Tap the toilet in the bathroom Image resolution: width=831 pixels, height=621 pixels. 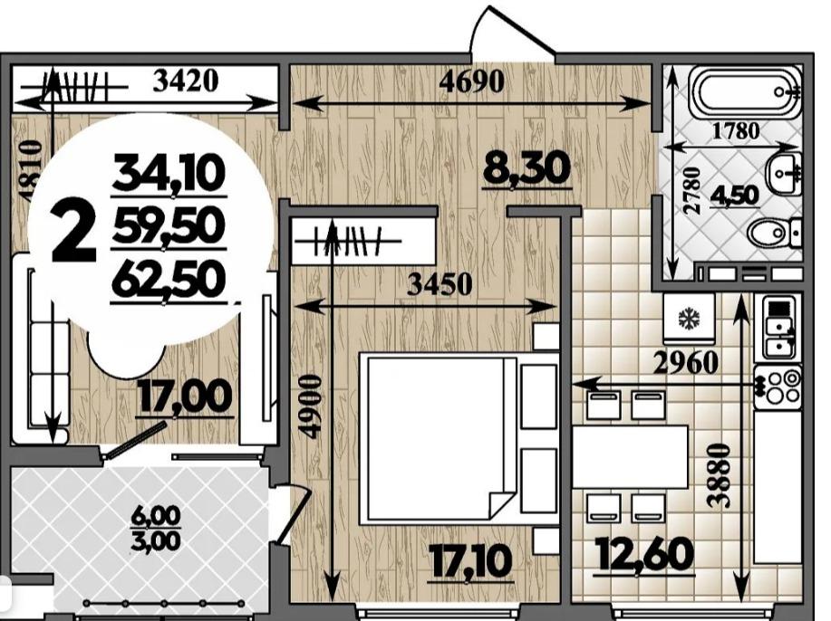pyautogui.click(x=775, y=232)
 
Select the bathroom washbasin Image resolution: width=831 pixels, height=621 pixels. pyautogui.click(x=784, y=172)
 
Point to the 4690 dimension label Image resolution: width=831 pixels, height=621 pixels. pyautogui.click(x=472, y=82)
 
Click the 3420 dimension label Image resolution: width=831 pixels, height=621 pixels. pyautogui.click(x=186, y=81)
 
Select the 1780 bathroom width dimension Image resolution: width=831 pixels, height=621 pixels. pyautogui.click(x=736, y=130)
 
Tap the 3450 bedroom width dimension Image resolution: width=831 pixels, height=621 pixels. pyautogui.click(x=440, y=284)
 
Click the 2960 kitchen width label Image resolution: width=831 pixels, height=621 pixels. pyautogui.click(x=686, y=363)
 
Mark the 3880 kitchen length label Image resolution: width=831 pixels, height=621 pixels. pyautogui.click(x=720, y=476)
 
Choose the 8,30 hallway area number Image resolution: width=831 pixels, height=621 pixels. pyautogui.click(x=527, y=169)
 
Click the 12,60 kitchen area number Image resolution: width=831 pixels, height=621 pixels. pyautogui.click(x=645, y=554)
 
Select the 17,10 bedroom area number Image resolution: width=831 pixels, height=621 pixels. pyautogui.click(x=470, y=562)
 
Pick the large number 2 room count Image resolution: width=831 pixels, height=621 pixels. pyautogui.click(x=73, y=232)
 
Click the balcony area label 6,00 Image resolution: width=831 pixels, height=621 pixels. pyautogui.click(x=157, y=516)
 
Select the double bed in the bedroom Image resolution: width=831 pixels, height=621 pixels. pyautogui.click(x=459, y=439)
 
